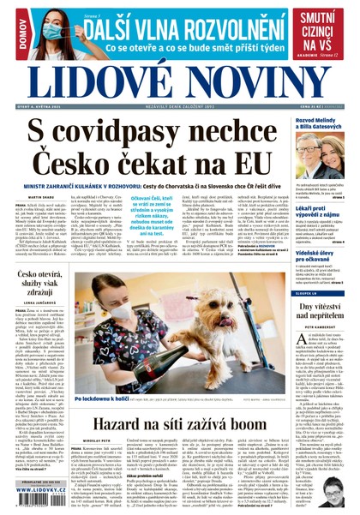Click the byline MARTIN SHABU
click(28, 196)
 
